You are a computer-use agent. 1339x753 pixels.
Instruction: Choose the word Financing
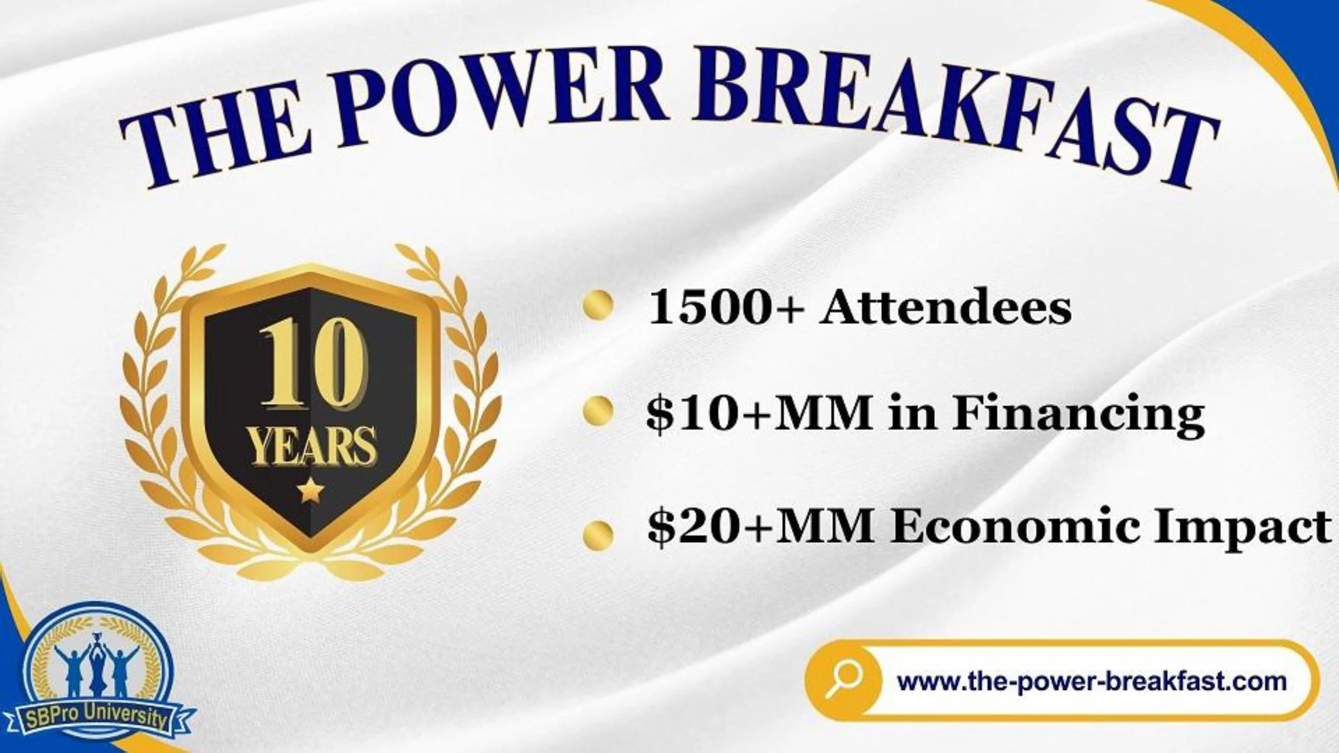coord(1077,415)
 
